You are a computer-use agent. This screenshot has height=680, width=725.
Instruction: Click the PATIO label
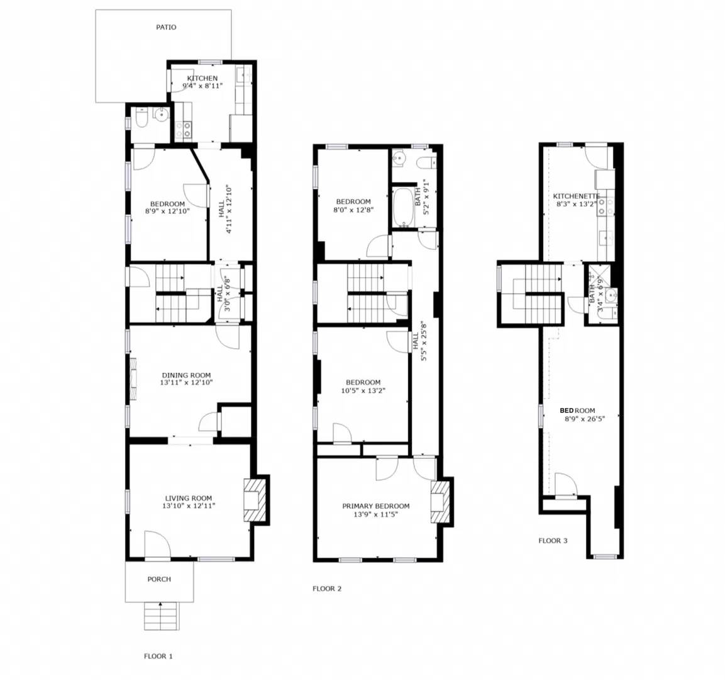click(166, 27)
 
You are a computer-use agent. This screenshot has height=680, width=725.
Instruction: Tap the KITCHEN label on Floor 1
click(202, 79)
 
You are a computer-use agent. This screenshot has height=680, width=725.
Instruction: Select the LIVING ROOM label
click(188, 497)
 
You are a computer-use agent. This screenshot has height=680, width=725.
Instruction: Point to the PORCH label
click(159, 579)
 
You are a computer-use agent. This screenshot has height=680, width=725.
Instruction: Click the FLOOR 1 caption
click(158, 656)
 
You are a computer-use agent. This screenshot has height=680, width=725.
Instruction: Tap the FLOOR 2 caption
click(327, 589)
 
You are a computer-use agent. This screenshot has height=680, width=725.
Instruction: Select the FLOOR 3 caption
click(553, 540)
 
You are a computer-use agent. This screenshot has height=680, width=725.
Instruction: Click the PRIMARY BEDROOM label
click(375, 506)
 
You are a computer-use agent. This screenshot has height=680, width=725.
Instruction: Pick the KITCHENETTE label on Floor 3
click(576, 196)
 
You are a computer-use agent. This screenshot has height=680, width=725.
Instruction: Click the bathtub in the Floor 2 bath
click(401, 207)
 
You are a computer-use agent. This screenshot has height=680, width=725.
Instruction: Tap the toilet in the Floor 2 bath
click(427, 163)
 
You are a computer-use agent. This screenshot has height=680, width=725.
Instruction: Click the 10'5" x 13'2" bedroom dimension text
click(363, 390)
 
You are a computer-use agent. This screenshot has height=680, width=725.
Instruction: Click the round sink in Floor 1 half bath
click(162, 114)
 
